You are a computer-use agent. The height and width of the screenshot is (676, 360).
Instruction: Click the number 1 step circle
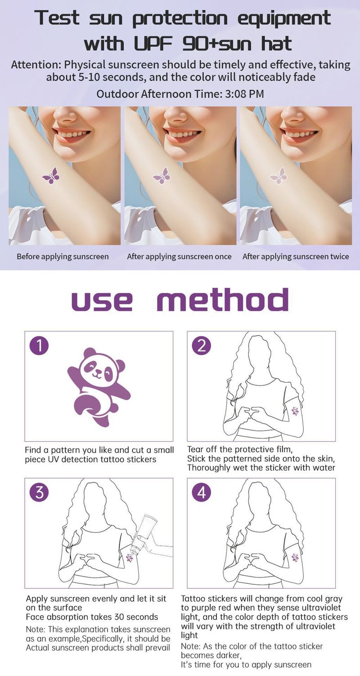tap(39, 346)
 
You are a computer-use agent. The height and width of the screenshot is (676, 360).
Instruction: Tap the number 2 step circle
tap(202, 346)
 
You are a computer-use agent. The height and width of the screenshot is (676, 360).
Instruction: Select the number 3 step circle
tap(39, 492)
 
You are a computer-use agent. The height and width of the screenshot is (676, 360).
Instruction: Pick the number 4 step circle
tap(202, 492)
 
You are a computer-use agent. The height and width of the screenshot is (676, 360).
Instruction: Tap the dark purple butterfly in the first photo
tap(50, 176)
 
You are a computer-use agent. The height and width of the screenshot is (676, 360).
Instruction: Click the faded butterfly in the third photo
tap(278, 176)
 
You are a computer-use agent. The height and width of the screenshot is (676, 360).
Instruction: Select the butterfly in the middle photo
tap(162, 176)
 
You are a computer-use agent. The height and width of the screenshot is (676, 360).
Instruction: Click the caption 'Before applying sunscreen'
tap(63, 257)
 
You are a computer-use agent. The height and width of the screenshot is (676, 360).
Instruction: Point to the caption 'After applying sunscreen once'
tap(179, 257)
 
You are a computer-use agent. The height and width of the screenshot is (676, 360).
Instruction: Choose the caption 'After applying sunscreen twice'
tap(296, 257)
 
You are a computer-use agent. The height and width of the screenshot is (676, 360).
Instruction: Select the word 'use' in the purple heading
tap(102, 300)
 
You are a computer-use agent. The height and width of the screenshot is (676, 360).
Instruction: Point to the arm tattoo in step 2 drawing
tap(295, 411)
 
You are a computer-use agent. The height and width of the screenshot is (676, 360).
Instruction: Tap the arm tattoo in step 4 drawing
tap(295, 558)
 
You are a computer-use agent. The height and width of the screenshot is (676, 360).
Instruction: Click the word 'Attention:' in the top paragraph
tap(36, 65)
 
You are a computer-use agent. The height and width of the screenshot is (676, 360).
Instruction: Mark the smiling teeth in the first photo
tap(67, 134)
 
